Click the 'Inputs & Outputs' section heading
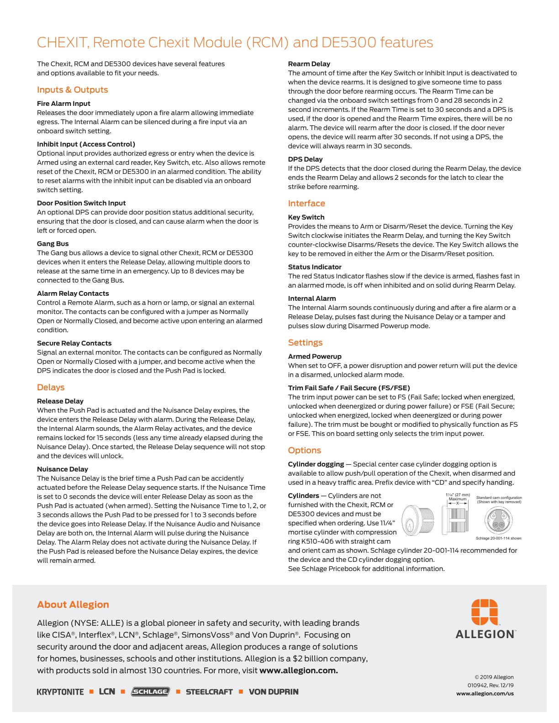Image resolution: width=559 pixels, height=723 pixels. click(x=73, y=90)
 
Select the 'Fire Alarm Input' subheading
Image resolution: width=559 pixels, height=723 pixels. click(x=63, y=104)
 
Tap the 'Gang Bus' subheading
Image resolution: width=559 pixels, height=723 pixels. click(x=53, y=244)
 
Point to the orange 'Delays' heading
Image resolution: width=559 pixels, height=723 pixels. click(x=51, y=388)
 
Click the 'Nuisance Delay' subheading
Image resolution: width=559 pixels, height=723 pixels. click(x=63, y=469)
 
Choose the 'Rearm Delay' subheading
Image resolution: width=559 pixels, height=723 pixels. click(x=309, y=64)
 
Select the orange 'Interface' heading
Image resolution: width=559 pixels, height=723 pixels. click(x=306, y=204)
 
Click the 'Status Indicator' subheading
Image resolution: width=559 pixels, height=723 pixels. click(x=315, y=267)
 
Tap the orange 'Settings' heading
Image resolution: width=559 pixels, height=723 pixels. click(x=305, y=343)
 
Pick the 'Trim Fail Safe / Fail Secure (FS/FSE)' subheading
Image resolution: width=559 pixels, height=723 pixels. click(x=349, y=388)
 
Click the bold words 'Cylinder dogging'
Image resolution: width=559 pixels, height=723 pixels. click(x=316, y=464)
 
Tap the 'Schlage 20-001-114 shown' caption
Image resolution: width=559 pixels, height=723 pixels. click(x=498, y=539)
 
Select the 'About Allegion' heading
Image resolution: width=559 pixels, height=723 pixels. click(x=73, y=605)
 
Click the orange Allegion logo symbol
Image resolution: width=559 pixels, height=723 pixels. click(x=485, y=612)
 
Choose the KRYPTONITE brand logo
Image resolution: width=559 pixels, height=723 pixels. click(x=60, y=692)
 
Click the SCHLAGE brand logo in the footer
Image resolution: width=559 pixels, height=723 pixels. click(x=150, y=692)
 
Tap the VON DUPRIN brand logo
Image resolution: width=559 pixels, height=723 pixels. click(x=273, y=692)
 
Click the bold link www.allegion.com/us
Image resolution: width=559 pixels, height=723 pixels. click(x=485, y=694)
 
